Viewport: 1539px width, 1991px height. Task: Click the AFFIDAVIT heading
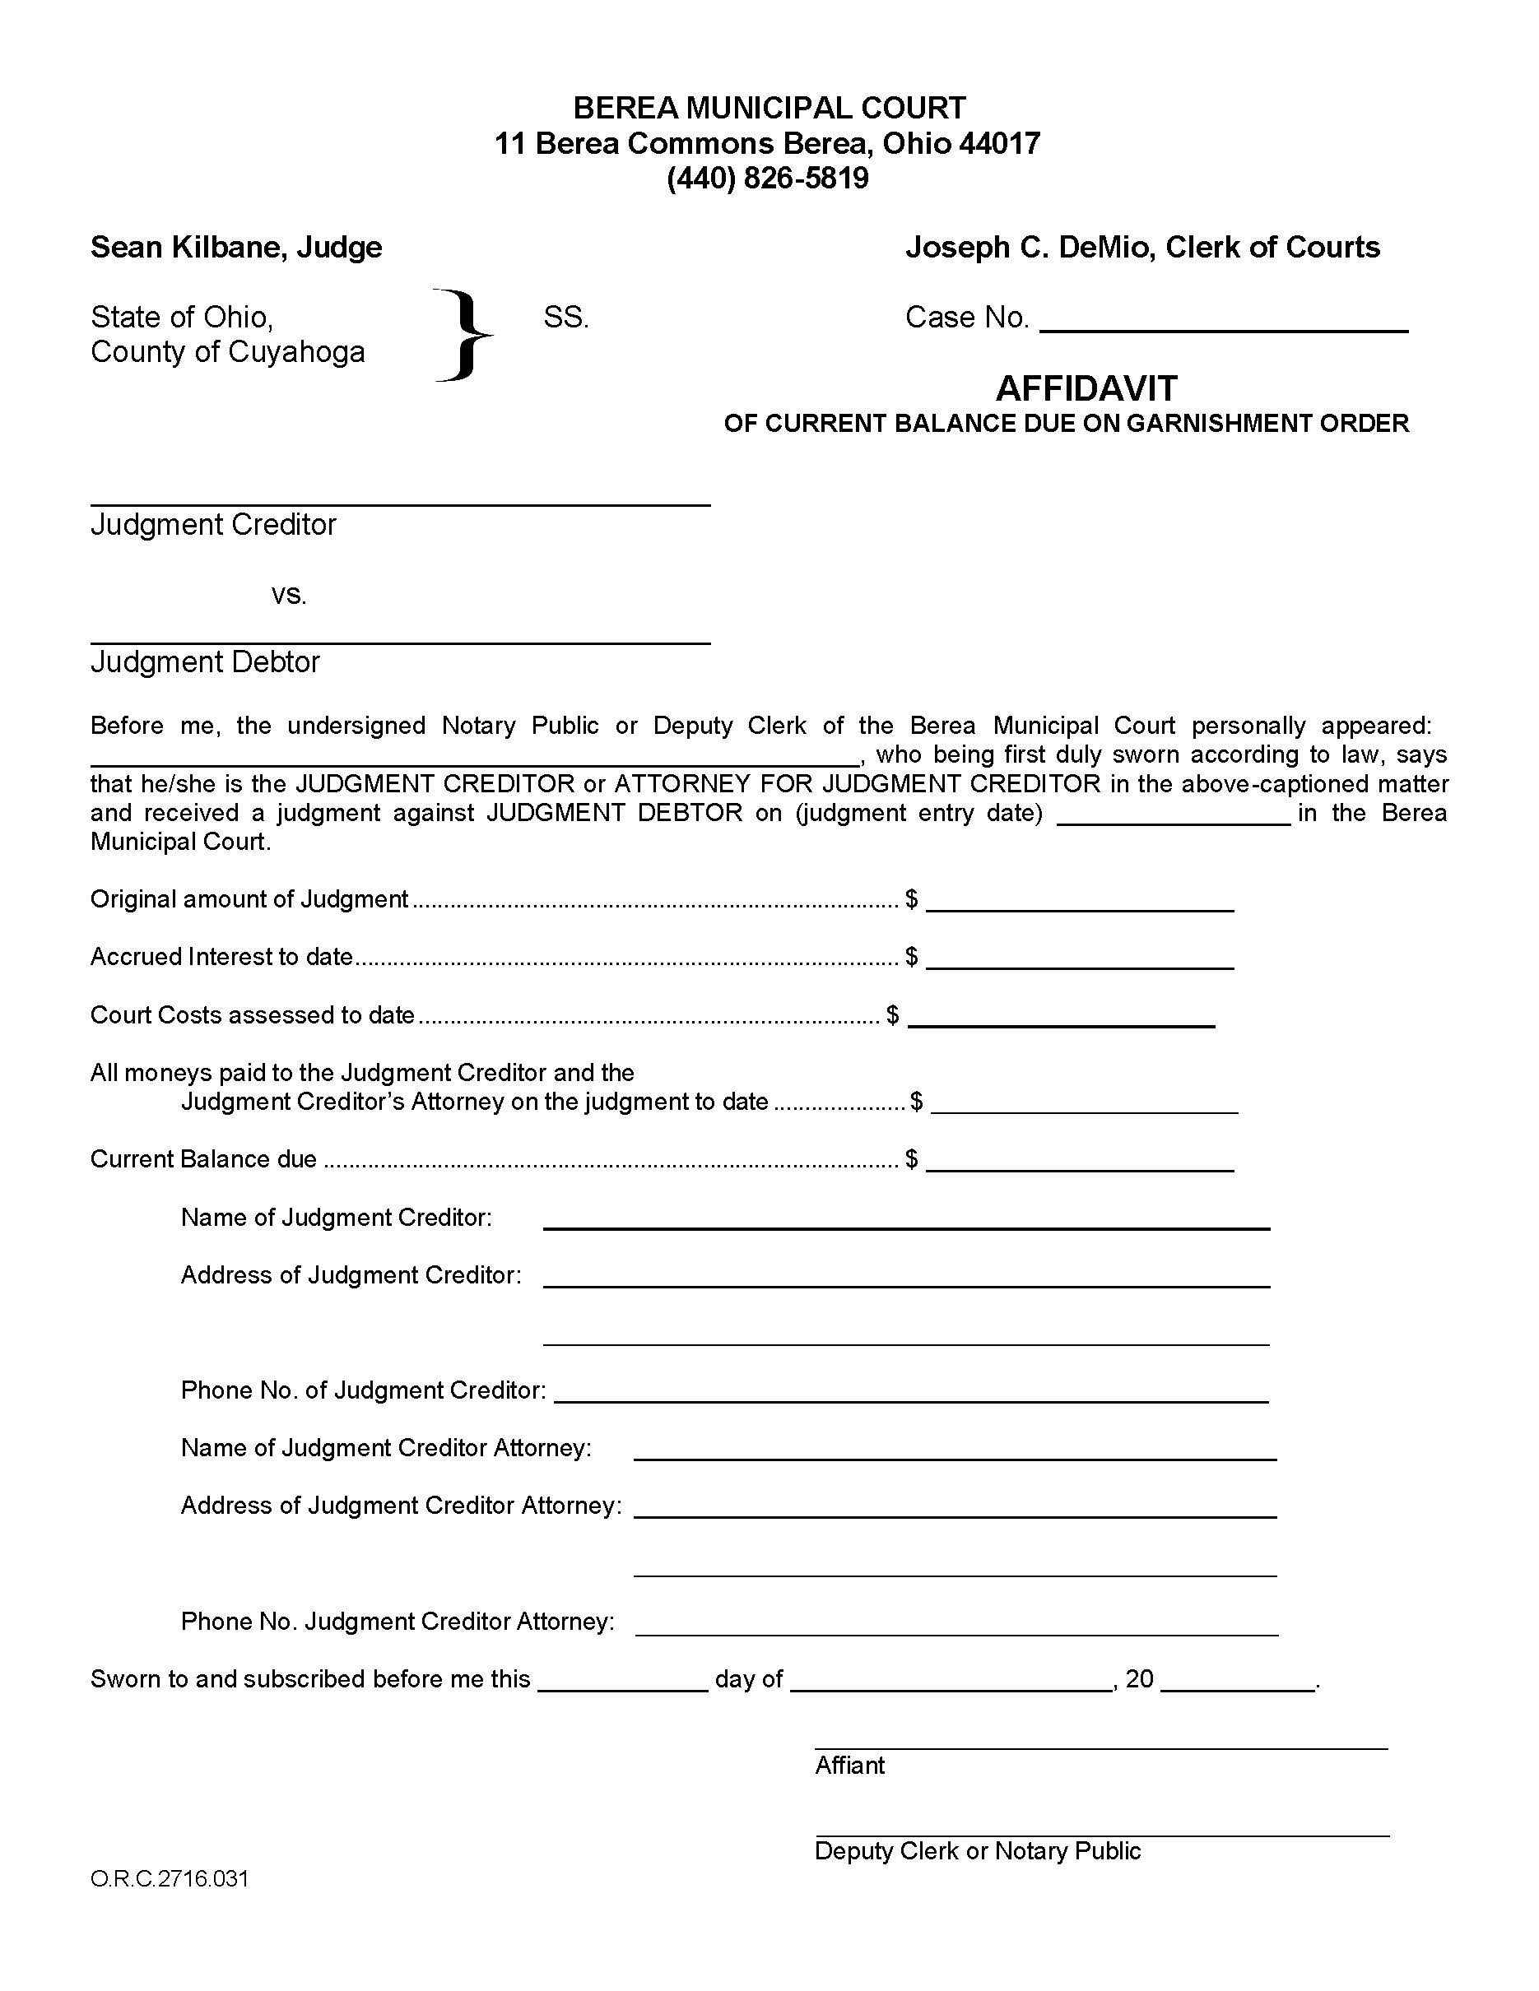coord(1086,389)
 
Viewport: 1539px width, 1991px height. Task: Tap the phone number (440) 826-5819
coord(768,178)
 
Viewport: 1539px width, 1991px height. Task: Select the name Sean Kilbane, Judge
coord(236,247)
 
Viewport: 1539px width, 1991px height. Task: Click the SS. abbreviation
coord(565,318)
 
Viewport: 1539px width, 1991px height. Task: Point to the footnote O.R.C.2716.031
coord(170,1879)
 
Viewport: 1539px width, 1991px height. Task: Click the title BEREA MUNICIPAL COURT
coord(769,109)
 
